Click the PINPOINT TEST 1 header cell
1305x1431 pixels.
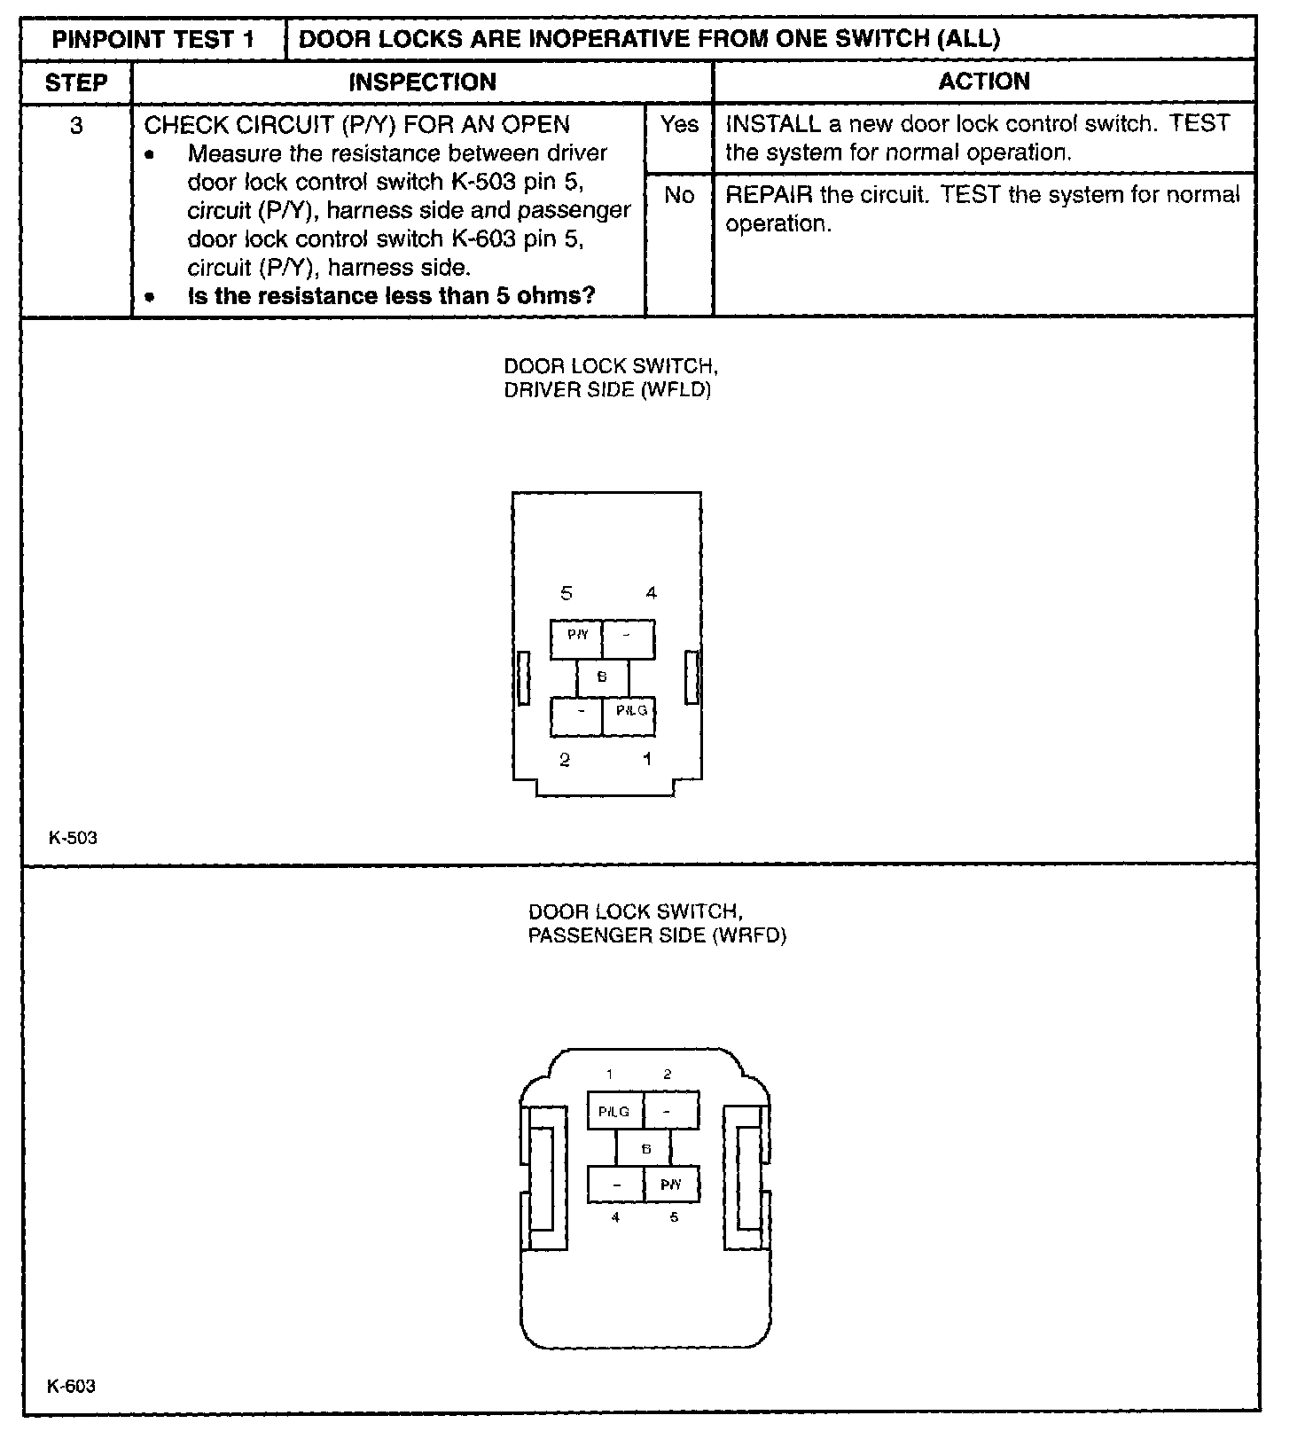pyautogui.click(x=153, y=40)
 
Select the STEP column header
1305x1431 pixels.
pyautogui.click(x=76, y=83)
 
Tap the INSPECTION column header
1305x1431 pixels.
pyautogui.click(x=422, y=82)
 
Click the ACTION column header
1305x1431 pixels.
pyautogui.click(x=984, y=82)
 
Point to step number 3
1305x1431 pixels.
pyautogui.click(x=76, y=126)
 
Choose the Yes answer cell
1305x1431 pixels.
pyautogui.click(x=679, y=125)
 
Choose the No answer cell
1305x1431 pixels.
pyautogui.click(x=679, y=195)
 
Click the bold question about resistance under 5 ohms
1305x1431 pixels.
pyautogui.click(x=391, y=296)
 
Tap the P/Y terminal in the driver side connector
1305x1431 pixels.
pyautogui.click(x=577, y=636)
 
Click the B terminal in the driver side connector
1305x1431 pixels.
pyautogui.click(x=602, y=677)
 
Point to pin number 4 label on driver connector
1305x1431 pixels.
pyautogui.click(x=652, y=593)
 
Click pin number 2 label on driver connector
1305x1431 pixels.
pyautogui.click(x=565, y=760)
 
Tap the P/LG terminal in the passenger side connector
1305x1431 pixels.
pyautogui.click(x=614, y=1111)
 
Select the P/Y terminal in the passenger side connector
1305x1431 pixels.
pyautogui.click(x=671, y=1184)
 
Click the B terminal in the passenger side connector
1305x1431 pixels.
pyautogui.click(x=645, y=1149)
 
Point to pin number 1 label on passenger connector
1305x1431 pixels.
pyautogui.click(x=610, y=1075)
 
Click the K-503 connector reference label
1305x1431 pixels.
pyautogui.click(x=74, y=838)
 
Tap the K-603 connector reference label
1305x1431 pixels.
pyautogui.click(x=72, y=1386)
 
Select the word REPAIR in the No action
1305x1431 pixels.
pyautogui.click(x=769, y=195)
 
